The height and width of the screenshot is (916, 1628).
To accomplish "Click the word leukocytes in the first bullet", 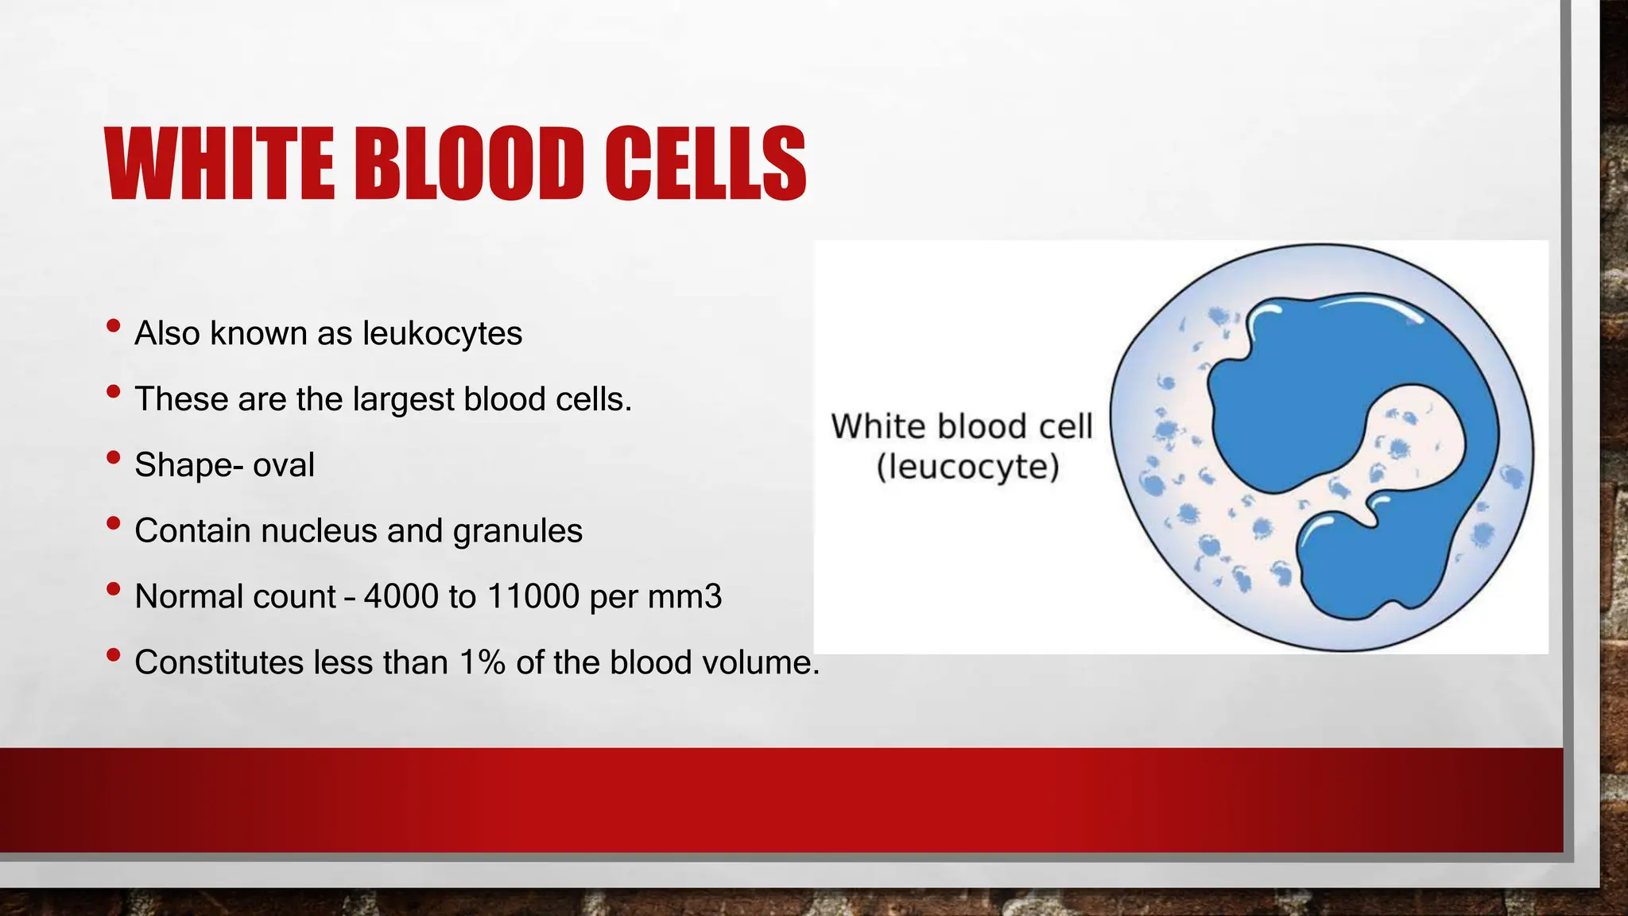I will pyautogui.click(x=442, y=333).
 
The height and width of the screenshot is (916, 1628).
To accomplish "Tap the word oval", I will pyautogui.click(x=283, y=465).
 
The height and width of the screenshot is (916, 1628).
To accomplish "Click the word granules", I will pyautogui.click(x=517, y=531).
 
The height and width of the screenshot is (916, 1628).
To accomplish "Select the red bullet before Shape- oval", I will pyautogui.click(x=113, y=457).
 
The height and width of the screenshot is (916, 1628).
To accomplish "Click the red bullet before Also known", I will pyautogui.click(x=113, y=325).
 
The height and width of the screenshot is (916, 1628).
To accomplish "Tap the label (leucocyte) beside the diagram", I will pyautogui.click(x=967, y=467).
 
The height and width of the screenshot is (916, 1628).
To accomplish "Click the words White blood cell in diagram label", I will pyautogui.click(x=962, y=426).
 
